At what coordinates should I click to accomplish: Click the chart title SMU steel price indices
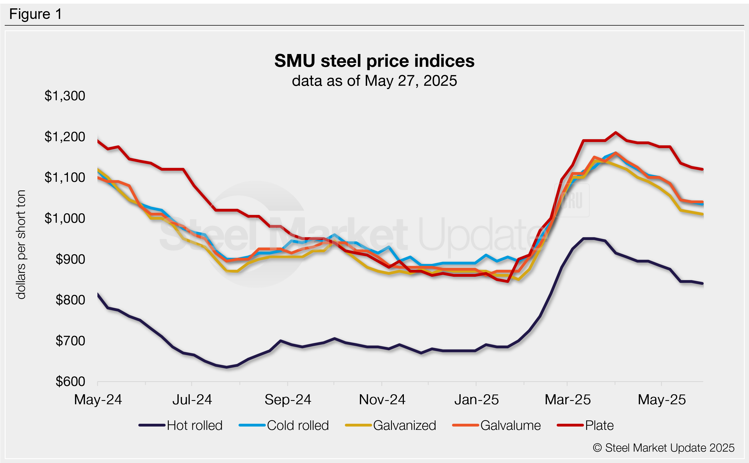pyautogui.click(x=374, y=61)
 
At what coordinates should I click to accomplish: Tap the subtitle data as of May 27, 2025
pyautogui.click(x=374, y=81)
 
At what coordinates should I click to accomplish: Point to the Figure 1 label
pyautogui.click(x=36, y=14)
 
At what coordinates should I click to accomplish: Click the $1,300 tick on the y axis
pyautogui.click(x=65, y=96)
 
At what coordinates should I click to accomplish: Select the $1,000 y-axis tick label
pyautogui.click(x=65, y=218)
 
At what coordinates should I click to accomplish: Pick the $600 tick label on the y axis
pyautogui.click(x=70, y=381)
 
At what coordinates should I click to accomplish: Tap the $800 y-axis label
pyautogui.click(x=70, y=300)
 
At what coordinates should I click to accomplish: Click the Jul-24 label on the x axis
pyautogui.click(x=192, y=400)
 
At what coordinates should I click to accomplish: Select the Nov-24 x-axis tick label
pyautogui.click(x=382, y=400)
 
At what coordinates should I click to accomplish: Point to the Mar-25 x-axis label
pyautogui.click(x=568, y=400)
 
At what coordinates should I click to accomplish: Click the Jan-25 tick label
pyautogui.click(x=476, y=400)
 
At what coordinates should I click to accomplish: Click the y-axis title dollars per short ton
pyautogui.click(x=21, y=244)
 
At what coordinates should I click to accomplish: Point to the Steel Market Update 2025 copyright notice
pyautogui.click(x=663, y=448)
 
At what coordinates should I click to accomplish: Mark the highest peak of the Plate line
pyautogui.click(x=615, y=133)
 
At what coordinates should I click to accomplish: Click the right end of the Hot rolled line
pyautogui.click(x=703, y=283)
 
